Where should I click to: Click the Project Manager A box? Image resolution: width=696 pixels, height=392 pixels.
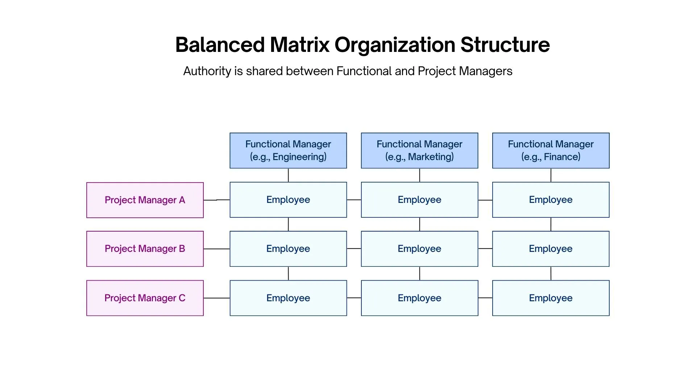(145, 200)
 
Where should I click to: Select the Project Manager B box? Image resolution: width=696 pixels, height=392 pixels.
(145, 249)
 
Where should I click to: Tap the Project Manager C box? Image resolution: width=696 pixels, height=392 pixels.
(145, 298)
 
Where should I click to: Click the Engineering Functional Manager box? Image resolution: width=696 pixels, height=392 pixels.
(288, 150)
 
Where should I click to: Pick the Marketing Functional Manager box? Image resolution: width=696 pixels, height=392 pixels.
(419, 150)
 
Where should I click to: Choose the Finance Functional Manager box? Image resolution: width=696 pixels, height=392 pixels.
(551, 150)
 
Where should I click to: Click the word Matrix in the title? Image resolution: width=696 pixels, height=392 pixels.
(299, 45)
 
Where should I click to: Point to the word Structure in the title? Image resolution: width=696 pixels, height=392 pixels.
(505, 45)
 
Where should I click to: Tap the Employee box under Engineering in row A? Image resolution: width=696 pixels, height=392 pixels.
(288, 200)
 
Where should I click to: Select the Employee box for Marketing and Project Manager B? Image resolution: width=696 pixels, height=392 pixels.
(419, 249)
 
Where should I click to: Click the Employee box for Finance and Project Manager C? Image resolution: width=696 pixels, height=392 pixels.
(551, 298)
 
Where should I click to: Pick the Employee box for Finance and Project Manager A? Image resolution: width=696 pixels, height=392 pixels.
(551, 200)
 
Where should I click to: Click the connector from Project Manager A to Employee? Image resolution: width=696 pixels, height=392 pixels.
(216, 200)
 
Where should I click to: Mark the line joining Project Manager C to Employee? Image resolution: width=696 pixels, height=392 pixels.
(216, 298)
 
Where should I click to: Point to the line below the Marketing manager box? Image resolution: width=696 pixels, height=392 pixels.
(419, 175)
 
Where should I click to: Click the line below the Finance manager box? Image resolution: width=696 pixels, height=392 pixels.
(551, 175)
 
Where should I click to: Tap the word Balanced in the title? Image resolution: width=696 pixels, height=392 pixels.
(220, 45)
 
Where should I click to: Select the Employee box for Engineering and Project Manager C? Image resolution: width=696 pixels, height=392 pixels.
(288, 298)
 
